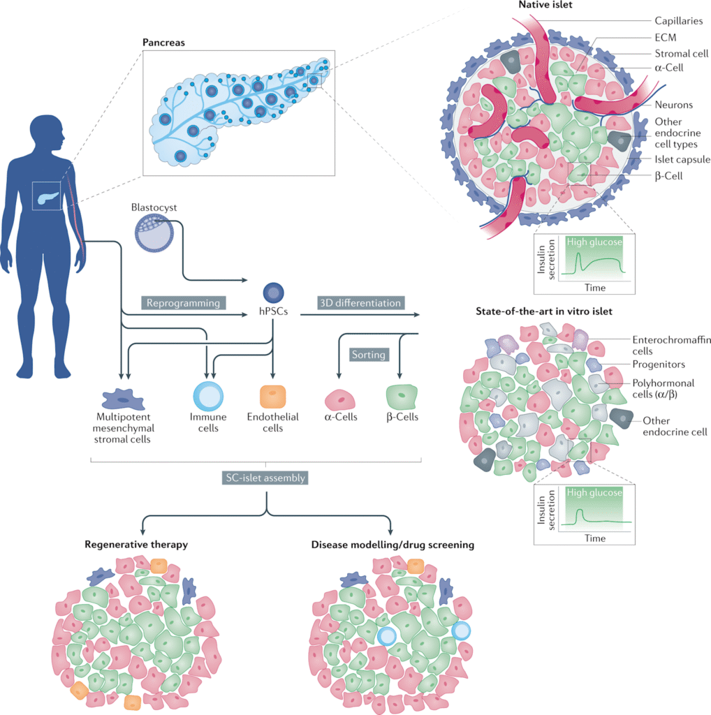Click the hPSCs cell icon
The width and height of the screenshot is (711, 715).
coord(272,293)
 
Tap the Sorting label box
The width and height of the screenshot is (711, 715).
coord(369,354)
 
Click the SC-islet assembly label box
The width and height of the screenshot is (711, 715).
coord(265,478)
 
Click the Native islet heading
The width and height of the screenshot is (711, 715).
coord(546,6)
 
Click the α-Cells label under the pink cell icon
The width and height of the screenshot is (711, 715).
coord(341,417)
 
